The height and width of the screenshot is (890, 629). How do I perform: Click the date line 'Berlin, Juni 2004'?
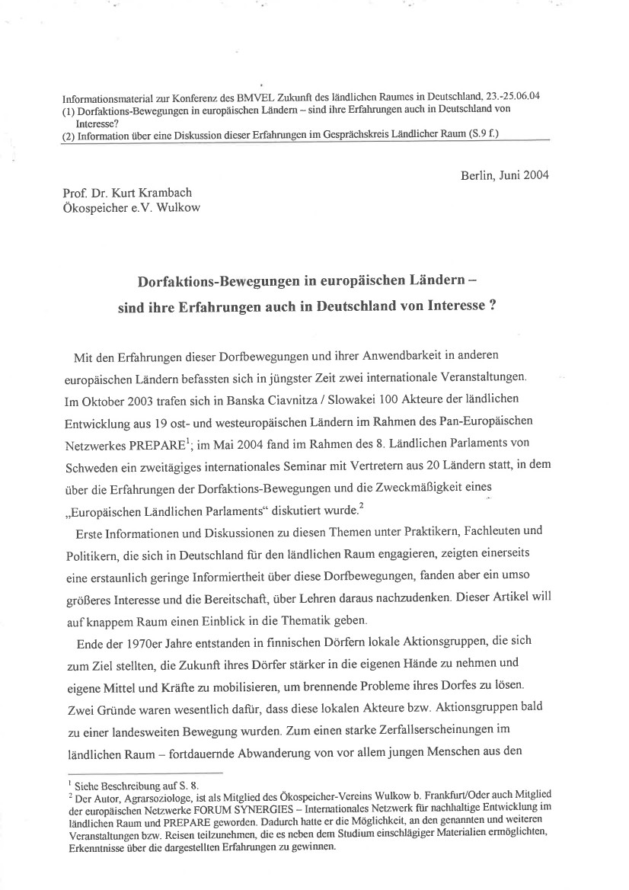(504, 175)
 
